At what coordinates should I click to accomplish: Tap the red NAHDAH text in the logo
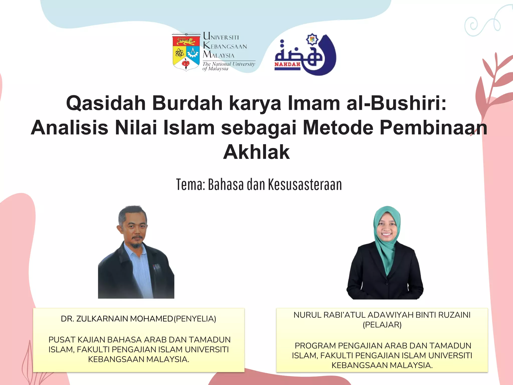pyautogui.click(x=287, y=64)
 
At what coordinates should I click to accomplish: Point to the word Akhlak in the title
pyautogui.click(x=256, y=152)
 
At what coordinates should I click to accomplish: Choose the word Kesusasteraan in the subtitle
pyautogui.click(x=305, y=185)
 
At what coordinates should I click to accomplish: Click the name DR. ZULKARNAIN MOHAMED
pyautogui.click(x=117, y=319)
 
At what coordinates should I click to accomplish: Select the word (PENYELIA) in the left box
pyautogui.click(x=195, y=319)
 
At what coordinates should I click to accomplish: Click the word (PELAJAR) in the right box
pyautogui.click(x=382, y=325)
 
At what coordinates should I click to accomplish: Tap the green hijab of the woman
pyautogui.click(x=387, y=253)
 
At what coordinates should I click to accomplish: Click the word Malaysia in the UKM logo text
pyautogui.click(x=218, y=54)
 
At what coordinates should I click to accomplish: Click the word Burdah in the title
pyautogui.click(x=187, y=103)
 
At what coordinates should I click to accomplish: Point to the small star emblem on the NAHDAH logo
pyautogui.click(x=312, y=39)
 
